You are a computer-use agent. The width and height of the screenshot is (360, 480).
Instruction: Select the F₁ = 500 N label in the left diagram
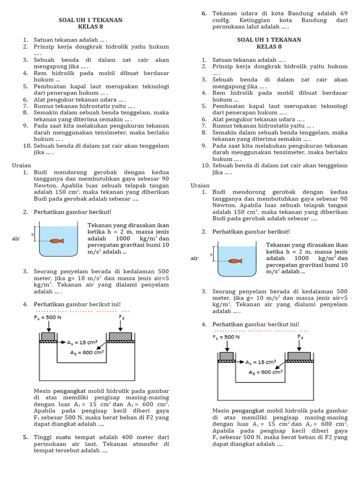(48, 317)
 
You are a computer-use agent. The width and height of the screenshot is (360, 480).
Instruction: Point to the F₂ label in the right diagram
(300, 337)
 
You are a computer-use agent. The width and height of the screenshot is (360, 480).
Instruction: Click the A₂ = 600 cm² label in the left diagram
(86, 353)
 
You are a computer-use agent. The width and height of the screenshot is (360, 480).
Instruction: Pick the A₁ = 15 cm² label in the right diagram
(261, 362)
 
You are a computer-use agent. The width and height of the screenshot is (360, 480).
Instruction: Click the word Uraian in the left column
(22, 165)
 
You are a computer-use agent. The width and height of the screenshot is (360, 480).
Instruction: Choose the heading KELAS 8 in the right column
(269, 47)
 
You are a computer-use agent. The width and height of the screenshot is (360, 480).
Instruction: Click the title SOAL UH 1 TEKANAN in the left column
(90, 20)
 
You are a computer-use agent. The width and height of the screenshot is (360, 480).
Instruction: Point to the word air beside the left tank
(16, 239)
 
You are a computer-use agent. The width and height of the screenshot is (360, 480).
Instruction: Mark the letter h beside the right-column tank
(211, 255)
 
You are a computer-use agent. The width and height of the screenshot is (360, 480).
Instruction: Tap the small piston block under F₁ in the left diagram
(48, 336)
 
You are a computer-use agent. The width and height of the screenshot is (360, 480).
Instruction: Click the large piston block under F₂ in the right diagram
(299, 356)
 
